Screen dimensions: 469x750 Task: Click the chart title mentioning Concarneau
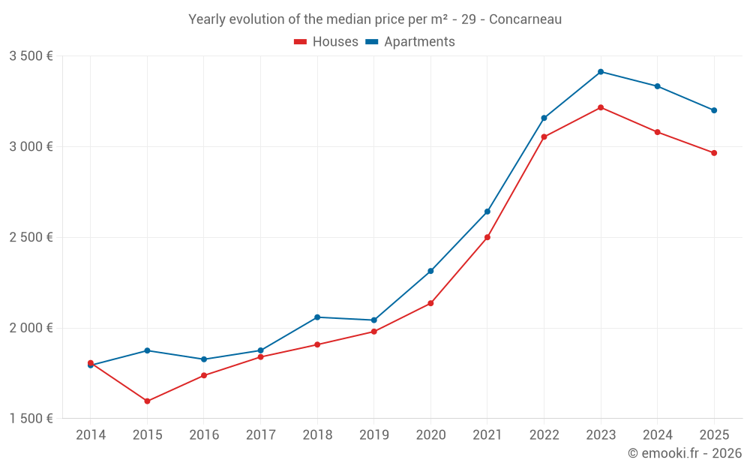coord(375,19)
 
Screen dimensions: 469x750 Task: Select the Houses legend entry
coord(326,42)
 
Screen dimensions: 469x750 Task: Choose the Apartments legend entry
coord(410,42)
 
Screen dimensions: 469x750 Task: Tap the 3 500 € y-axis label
coord(31,56)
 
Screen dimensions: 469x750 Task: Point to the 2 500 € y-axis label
coord(31,237)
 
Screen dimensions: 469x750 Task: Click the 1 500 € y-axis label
coord(31,419)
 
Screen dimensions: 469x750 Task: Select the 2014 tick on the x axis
coord(91,435)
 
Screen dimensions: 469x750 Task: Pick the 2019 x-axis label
coord(374,435)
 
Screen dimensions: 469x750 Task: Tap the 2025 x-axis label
coord(714,435)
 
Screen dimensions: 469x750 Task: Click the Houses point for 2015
coord(147,401)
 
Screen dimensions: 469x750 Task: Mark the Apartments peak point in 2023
coord(601,72)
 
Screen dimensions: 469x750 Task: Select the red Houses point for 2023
coord(601,107)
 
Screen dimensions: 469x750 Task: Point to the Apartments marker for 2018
coord(317,317)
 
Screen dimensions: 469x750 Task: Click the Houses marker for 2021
coord(487,237)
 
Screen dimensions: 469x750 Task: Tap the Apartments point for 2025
coord(714,110)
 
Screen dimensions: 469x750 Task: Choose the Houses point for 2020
coord(430,303)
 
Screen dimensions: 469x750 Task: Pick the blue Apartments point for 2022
coord(544,118)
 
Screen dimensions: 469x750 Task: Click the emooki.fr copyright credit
coord(685,453)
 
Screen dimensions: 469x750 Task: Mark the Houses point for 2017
coord(260,356)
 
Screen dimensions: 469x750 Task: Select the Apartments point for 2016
coord(204,359)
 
